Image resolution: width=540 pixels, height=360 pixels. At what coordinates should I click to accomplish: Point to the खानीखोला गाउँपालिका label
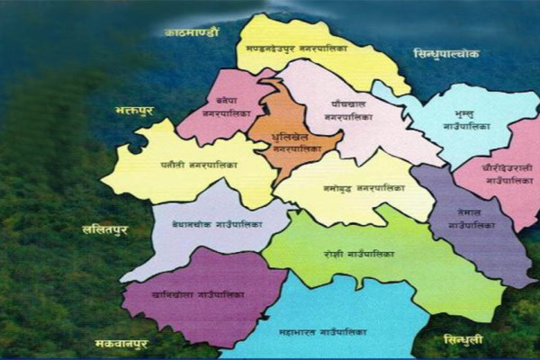(195, 293)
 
